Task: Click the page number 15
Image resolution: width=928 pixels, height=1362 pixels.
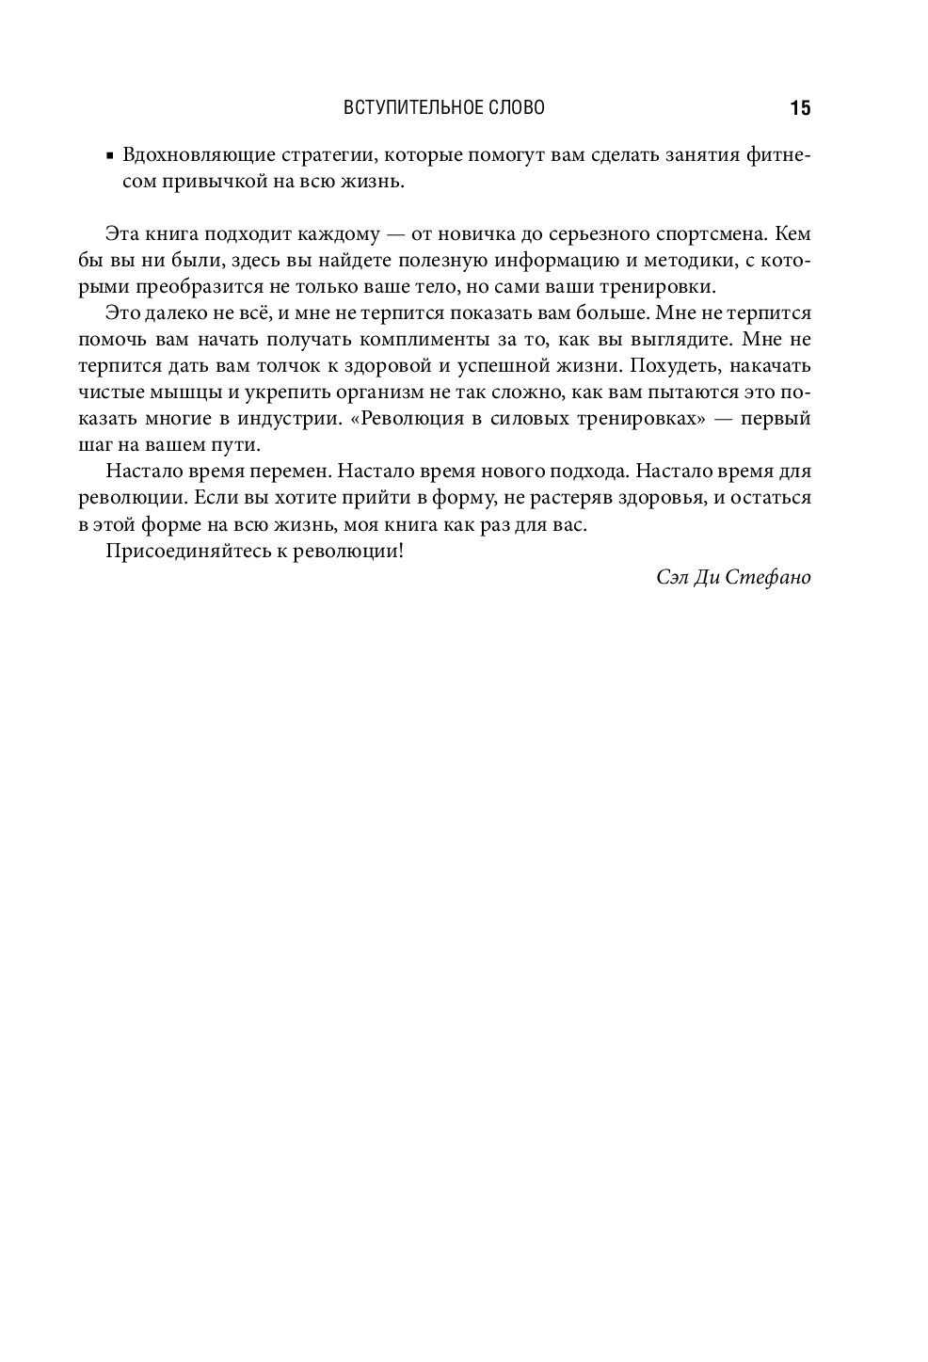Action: pyautogui.click(x=800, y=108)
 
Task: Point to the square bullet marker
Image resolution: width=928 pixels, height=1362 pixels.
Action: pyautogui.click(x=110, y=155)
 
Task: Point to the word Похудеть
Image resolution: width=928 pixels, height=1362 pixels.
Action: pyautogui.click(x=673, y=365)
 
